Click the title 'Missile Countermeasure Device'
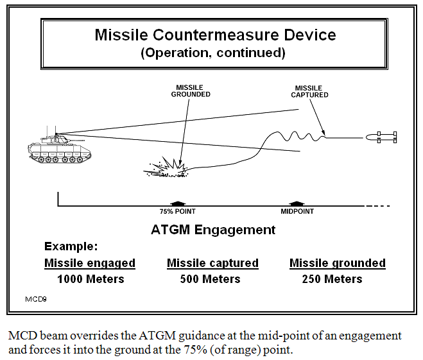click(x=215, y=35)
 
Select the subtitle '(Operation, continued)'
click(x=212, y=53)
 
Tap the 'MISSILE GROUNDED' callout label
click(x=191, y=90)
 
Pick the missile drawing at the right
click(x=382, y=137)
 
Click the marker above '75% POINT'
click(x=177, y=203)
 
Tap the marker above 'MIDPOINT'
click(x=296, y=203)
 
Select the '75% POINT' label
click(x=178, y=211)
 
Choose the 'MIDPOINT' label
click(x=297, y=211)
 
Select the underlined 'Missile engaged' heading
click(x=90, y=263)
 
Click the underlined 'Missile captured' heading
click(x=212, y=263)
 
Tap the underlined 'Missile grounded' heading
click(x=338, y=263)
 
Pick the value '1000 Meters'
click(x=91, y=279)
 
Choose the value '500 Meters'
click(x=209, y=279)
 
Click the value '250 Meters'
click(x=332, y=279)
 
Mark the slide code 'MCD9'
click(x=35, y=299)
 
